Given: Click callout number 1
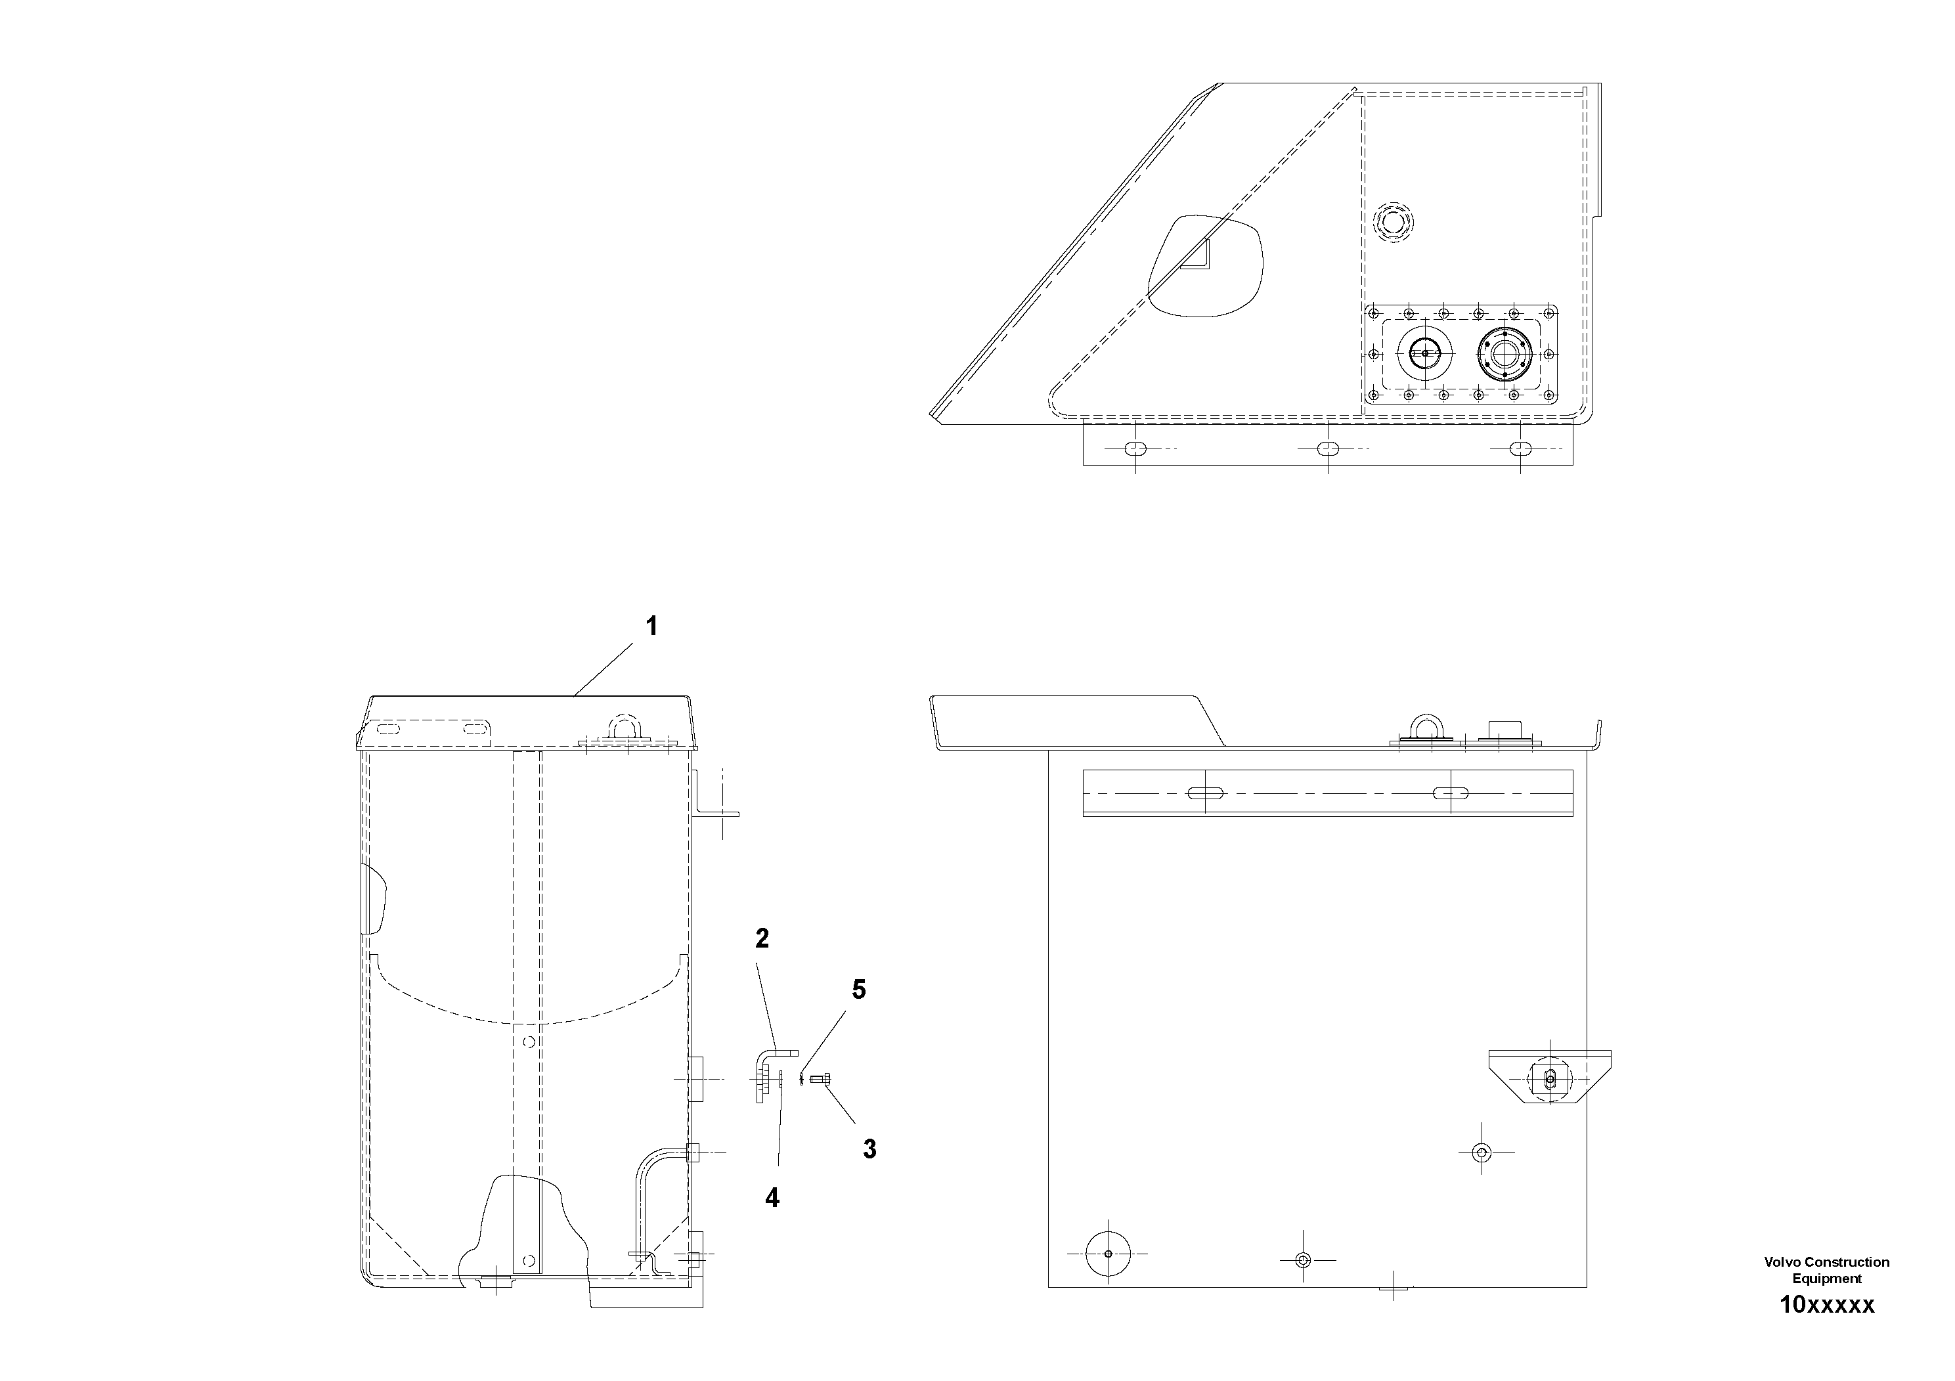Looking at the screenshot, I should click(x=651, y=628).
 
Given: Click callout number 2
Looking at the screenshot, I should click(x=762, y=939).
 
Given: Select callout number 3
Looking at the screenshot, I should click(x=869, y=1149).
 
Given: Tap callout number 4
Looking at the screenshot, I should click(x=772, y=1198).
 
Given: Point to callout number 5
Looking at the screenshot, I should click(x=859, y=990).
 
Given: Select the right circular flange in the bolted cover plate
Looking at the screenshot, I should click(x=1505, y=353).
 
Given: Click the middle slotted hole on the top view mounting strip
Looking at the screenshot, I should click(x=1327, y=449).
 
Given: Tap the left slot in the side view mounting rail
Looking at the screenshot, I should click(x=1206, y=793).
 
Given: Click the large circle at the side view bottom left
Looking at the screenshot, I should click(x=1107, y=1254).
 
